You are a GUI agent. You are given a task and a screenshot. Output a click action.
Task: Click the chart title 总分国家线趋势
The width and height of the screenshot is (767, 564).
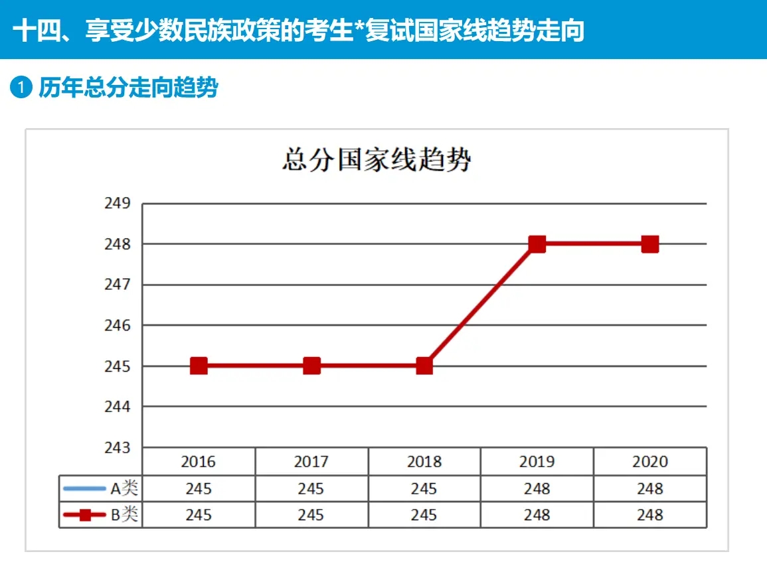pos(377,160)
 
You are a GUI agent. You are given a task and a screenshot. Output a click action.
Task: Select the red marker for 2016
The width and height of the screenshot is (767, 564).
pos(199,366)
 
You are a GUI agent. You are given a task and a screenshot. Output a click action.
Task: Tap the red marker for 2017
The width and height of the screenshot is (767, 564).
pos(311,366)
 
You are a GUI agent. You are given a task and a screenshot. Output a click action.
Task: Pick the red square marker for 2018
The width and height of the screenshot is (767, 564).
pos(424,366)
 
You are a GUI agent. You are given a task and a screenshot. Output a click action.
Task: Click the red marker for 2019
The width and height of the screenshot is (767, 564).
pos(537,244)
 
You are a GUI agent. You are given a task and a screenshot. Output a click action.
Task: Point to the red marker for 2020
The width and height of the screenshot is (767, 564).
pos(650,244)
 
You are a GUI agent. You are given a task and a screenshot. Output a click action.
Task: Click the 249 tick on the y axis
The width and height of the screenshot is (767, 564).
pos(118,203)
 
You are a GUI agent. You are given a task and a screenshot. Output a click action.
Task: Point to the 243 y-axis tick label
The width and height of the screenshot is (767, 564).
pos(118,447)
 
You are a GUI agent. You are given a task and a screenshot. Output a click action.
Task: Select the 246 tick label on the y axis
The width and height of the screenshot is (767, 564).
pos(118,325)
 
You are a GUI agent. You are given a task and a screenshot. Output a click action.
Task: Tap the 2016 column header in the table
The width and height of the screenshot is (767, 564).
pos(199,462)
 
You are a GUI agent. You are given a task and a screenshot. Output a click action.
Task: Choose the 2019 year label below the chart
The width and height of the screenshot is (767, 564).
pos(537,462)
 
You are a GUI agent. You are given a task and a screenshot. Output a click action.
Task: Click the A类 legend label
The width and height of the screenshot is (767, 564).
pos(124,489)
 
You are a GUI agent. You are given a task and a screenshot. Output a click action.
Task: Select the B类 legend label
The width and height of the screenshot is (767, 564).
pos(124,515)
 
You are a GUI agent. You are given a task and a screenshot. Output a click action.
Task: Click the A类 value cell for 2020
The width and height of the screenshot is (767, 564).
pos(650,489)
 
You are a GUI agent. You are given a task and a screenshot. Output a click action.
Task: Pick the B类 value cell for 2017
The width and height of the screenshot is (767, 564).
pos(311,515)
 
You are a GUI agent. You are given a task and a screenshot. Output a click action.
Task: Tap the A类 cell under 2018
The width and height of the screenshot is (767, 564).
pos(424,489)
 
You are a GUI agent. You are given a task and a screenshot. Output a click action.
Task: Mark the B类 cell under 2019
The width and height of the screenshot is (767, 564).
pos(537,515)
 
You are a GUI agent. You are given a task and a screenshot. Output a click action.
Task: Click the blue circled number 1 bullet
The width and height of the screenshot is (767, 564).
pos(21,88)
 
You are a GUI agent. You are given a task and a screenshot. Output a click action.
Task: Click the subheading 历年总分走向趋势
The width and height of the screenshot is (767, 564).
pos(128,88)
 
